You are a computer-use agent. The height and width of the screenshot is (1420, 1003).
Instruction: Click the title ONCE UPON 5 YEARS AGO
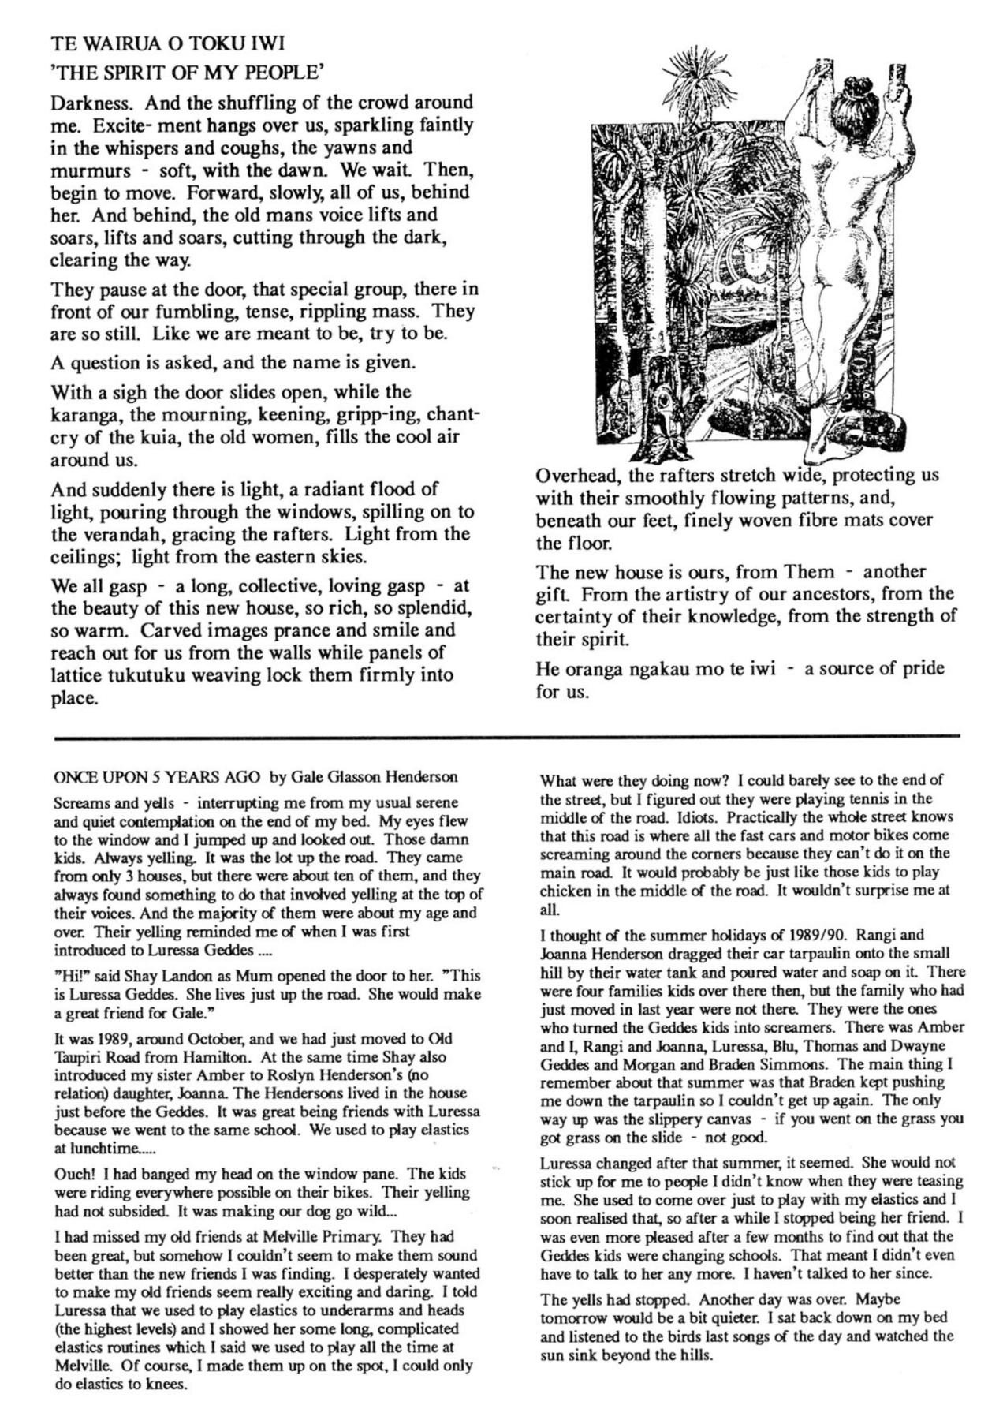157,777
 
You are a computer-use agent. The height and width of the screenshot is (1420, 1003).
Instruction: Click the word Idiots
694,817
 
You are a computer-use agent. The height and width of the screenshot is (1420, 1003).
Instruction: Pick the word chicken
565,891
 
